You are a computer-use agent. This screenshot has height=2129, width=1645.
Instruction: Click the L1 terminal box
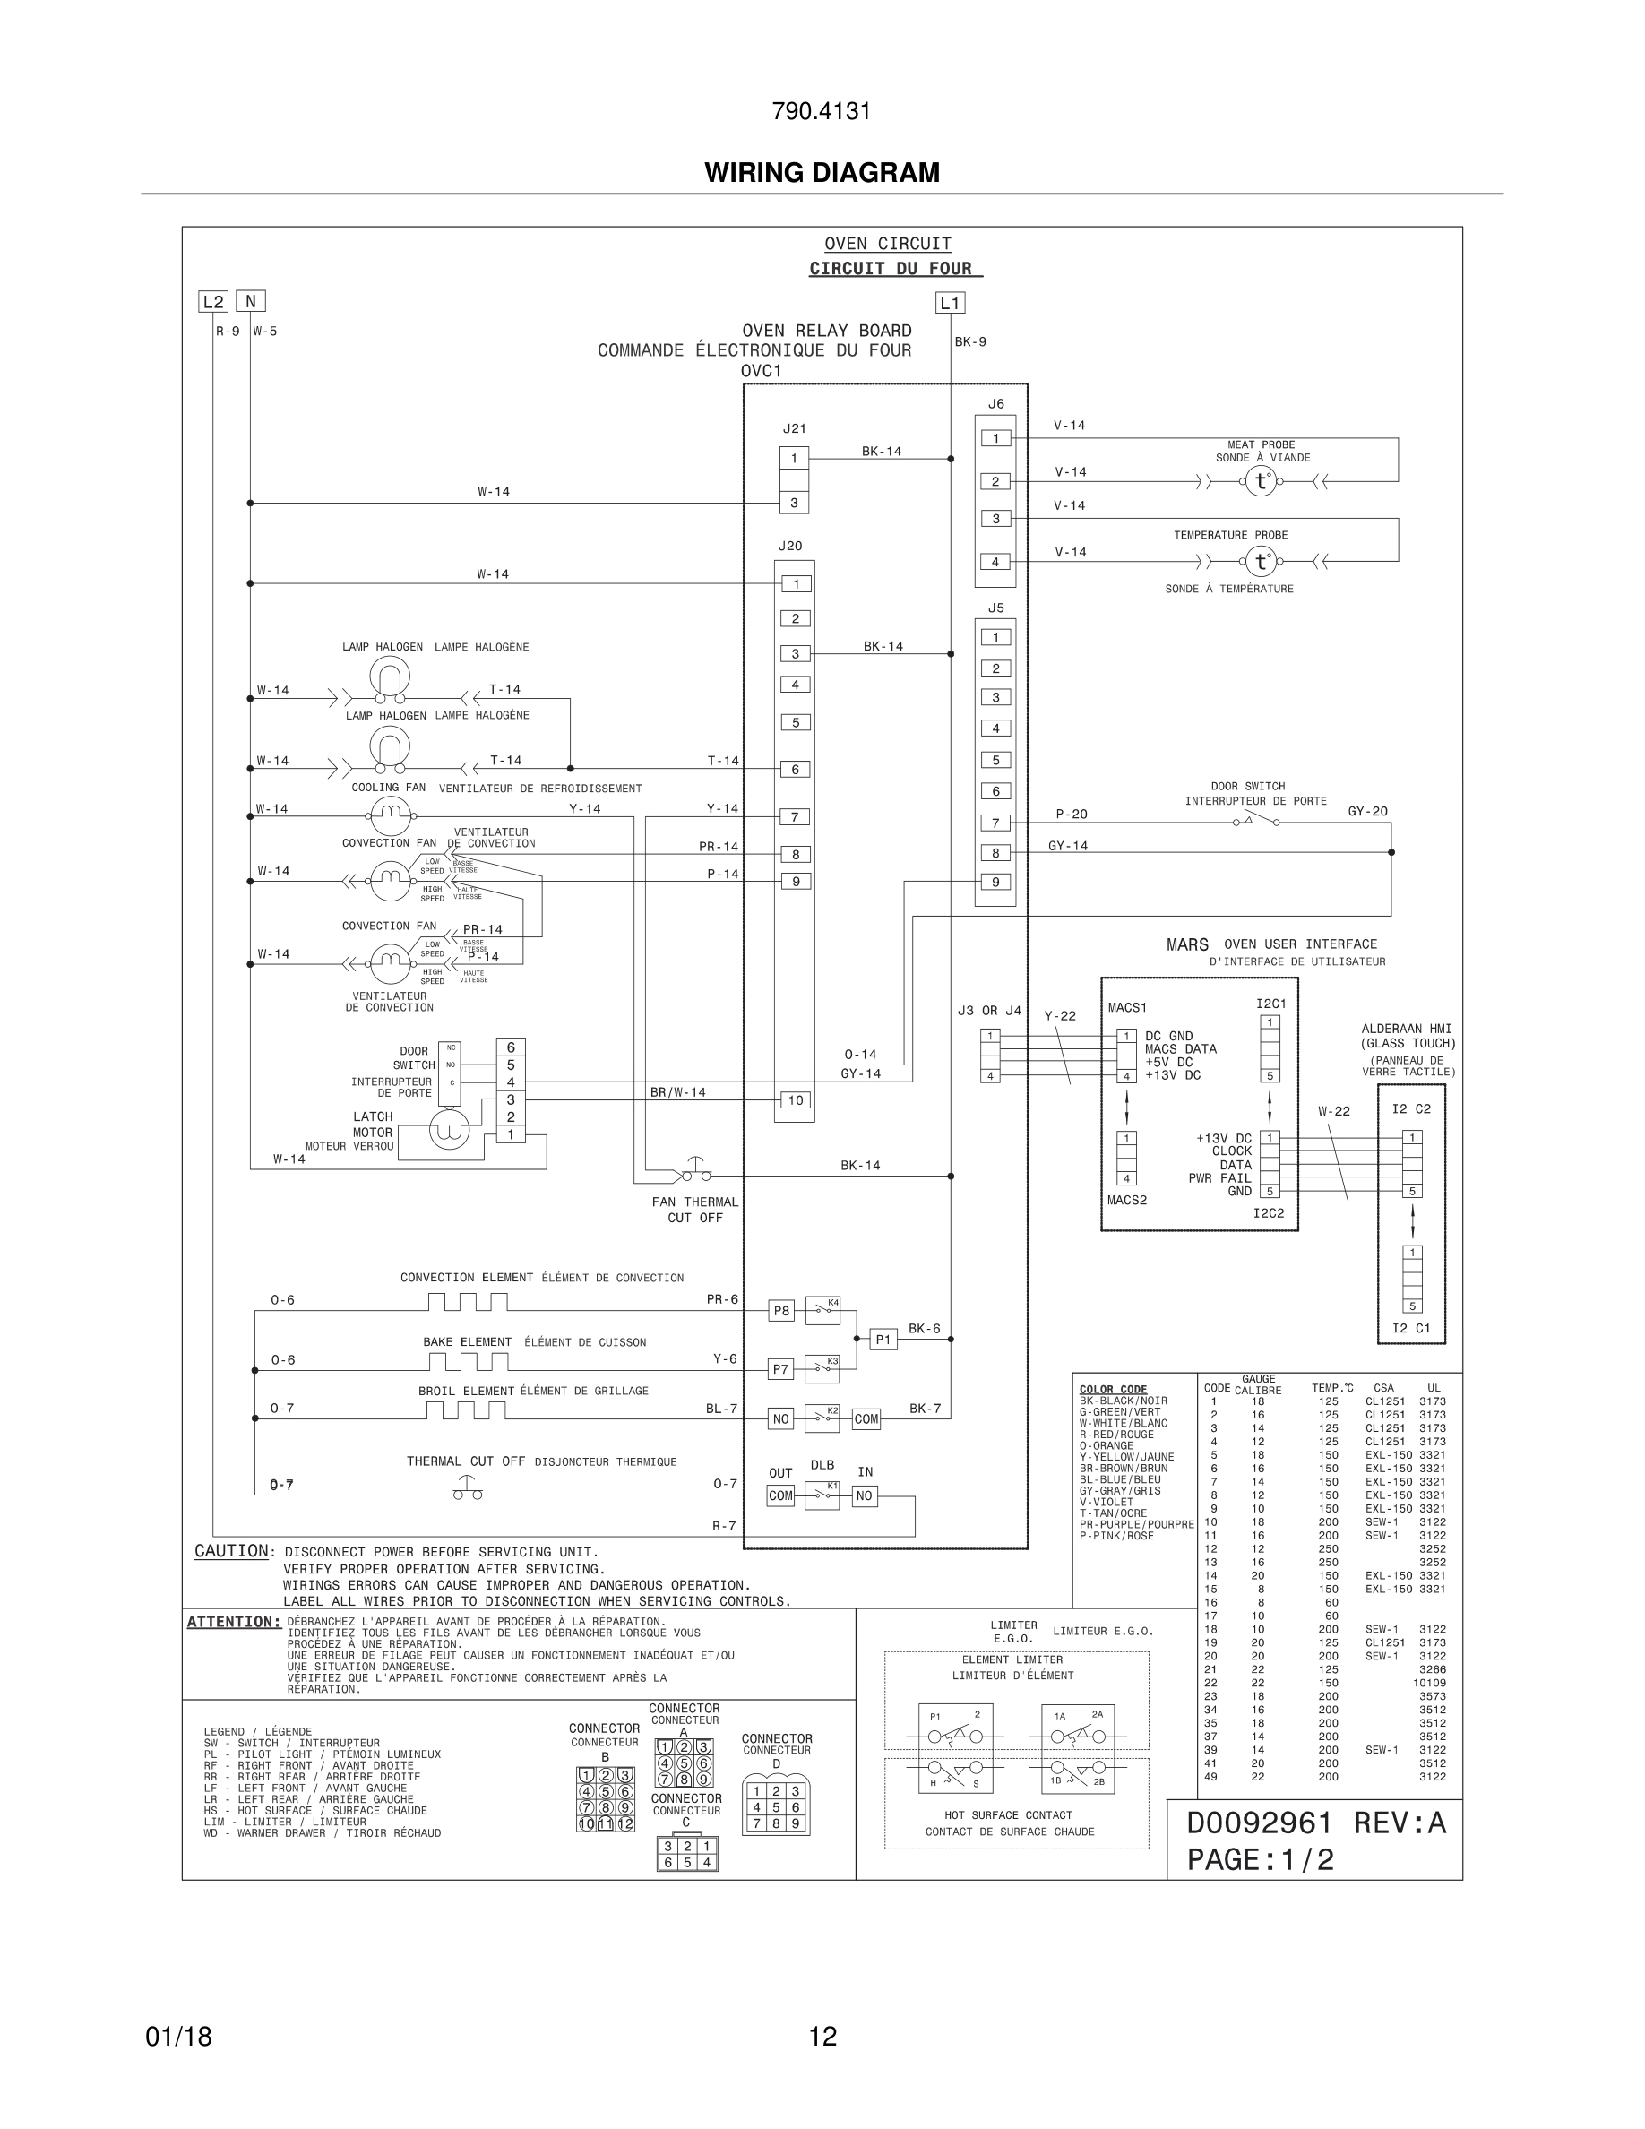[950, 303]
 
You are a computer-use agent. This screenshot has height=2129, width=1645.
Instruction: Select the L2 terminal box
[212, 301]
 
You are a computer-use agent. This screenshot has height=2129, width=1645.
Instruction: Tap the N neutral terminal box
[251, 301]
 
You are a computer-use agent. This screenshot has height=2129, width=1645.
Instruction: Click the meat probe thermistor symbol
[1261, 481]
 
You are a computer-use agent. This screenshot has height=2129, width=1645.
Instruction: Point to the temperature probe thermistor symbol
[1261, 562]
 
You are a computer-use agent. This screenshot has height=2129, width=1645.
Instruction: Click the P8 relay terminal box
[781, 1311]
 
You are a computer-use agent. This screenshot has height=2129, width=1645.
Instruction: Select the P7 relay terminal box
[780, 1370]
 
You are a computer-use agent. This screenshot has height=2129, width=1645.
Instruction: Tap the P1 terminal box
[883, 1340]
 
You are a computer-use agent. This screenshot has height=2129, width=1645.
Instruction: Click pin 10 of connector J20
[796, 1100]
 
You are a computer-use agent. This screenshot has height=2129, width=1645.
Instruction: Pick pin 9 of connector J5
[995, 883]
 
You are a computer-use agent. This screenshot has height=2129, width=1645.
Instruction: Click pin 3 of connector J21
[794, 503]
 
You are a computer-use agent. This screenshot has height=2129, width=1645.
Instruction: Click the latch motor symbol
[449, 1130]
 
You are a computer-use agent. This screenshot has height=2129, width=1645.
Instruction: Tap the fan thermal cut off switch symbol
[696, 1173]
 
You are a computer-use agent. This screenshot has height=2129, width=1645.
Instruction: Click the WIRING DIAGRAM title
[822, 173]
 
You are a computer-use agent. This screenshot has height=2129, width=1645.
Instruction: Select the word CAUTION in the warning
[232, 1551]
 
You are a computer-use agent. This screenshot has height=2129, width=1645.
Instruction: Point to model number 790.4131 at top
[822, 111]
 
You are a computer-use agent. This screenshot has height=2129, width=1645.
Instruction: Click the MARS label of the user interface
[1187, 944]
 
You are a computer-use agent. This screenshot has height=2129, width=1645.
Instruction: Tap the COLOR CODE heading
[1113, 1389]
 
